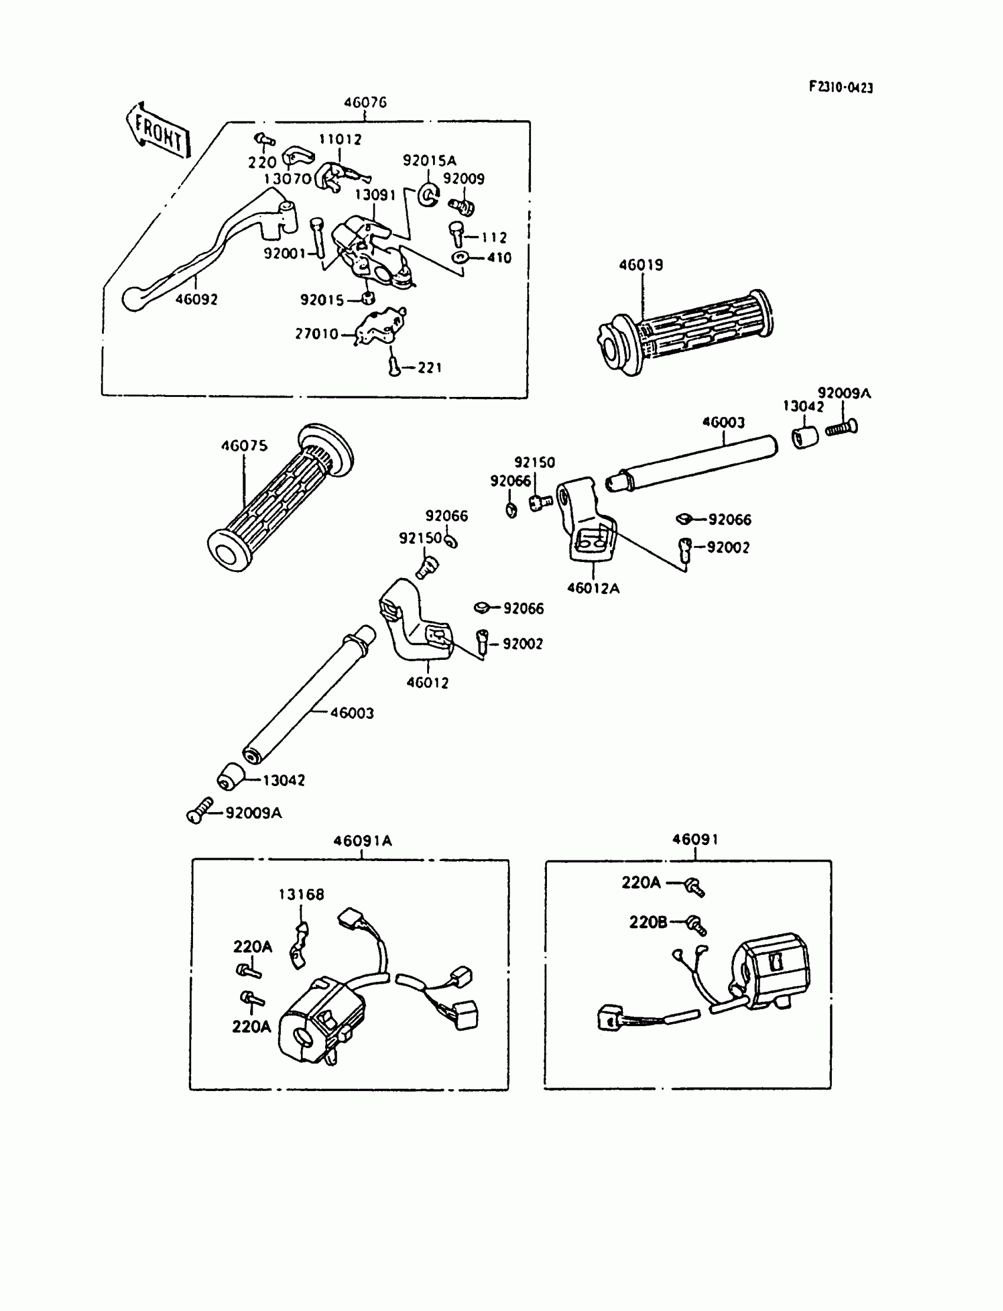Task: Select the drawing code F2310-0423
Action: (x=841, y=87)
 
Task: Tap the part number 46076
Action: (x=365, y=103)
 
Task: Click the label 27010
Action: (x=316, y=334)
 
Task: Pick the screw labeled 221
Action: (x=394, y=365)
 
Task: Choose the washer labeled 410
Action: (x=460, y=258)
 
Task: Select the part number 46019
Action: (x=641, y=265)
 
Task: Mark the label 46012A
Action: (x=593, y=589)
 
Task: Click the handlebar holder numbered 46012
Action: (x=415, y=623)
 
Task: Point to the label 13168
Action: (x=301, y=895)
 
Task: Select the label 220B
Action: (x=648, y=922)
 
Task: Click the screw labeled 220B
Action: (x=696, y=925)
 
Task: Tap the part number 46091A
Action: (x=362, y=841)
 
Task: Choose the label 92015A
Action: (x=430, y=160)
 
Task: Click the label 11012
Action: (x=340, y=140)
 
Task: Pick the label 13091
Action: (x=375, y=195)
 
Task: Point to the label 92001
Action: (x=285, y=254)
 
